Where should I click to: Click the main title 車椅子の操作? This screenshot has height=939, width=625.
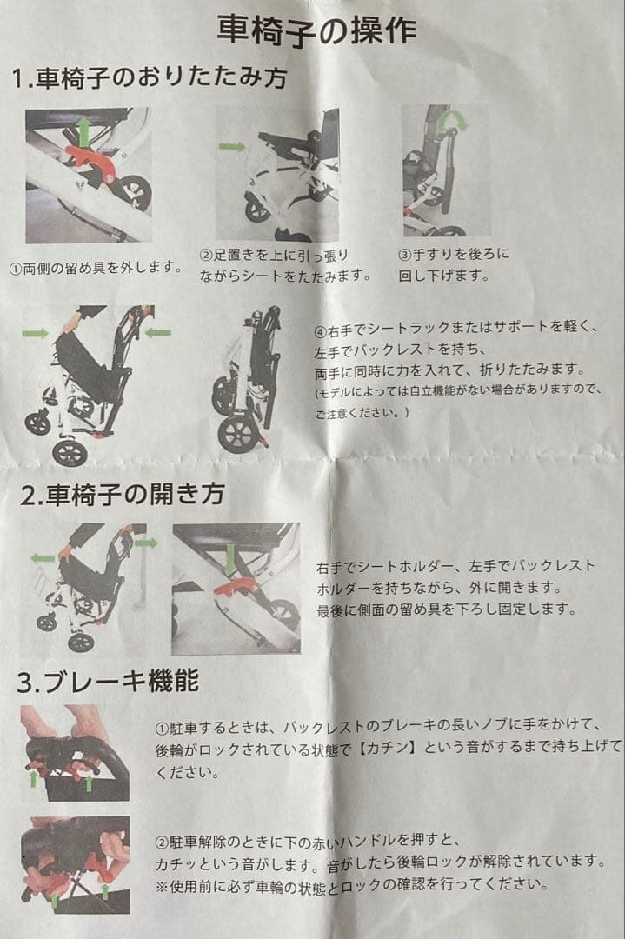click(316, 30)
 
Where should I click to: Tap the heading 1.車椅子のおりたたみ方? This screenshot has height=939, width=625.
click(149, 77)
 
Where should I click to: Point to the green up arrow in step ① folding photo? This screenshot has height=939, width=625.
click(83, 131)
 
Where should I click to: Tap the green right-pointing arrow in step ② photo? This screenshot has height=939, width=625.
click(232, 146)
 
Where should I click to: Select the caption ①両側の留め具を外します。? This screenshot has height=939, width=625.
click(96, 268)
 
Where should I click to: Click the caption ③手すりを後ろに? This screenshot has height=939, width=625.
click(453, 255)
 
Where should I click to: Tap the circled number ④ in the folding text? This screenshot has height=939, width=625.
click(321, 331)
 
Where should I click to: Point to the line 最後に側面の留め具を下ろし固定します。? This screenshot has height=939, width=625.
click(446, 609)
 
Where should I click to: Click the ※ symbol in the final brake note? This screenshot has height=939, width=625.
click(162, 884)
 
